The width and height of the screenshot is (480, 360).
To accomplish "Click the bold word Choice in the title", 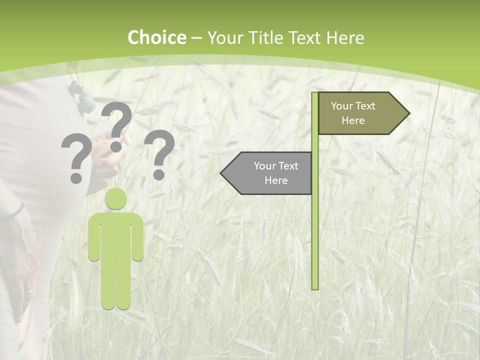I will coord(156,38).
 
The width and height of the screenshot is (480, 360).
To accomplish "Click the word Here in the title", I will coord(345,38).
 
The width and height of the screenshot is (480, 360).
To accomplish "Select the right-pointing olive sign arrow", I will coord(360,113).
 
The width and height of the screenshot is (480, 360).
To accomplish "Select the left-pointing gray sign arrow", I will coord(270,173).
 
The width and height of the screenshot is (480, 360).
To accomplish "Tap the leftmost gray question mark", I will coord(76,157).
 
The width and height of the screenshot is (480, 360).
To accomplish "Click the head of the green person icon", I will coord(115,198).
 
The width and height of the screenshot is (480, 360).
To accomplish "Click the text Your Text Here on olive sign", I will coord(353,113).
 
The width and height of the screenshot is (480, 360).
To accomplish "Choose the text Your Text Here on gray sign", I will coord(276,173).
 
